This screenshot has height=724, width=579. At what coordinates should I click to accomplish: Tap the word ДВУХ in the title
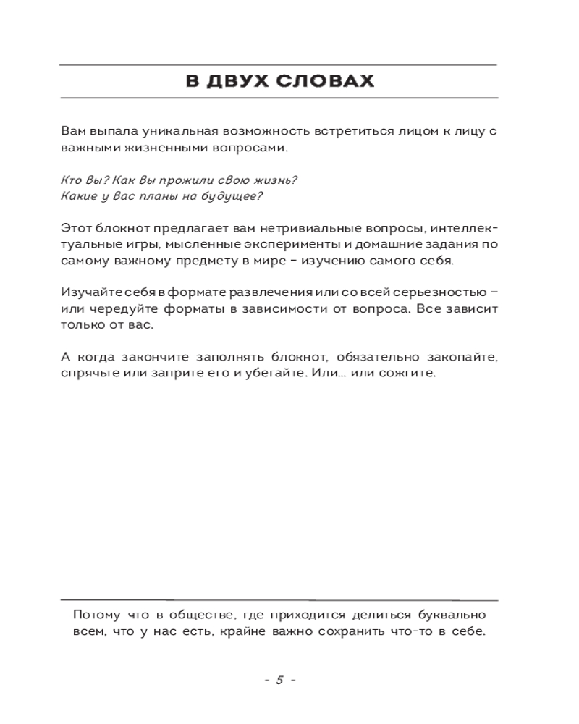[x=234, y=80]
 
